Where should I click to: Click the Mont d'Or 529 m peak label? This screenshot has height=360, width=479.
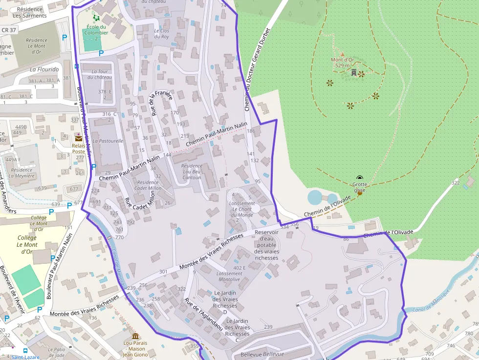tap(342, 63)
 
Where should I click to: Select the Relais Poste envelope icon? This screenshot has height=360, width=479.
tap(79, 138)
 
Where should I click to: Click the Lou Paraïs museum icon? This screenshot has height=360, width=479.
tap(135, 337)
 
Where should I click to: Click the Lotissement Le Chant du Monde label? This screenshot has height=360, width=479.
tap(242, 209)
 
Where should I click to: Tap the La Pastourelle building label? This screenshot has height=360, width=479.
tap(108, 141)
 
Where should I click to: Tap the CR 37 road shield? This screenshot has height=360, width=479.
tap(8, 30)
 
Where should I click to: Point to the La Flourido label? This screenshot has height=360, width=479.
tap(44, 69)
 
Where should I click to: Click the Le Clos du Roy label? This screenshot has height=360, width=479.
tap(161, 34)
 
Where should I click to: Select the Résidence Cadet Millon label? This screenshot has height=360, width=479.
tap(147, 185)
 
